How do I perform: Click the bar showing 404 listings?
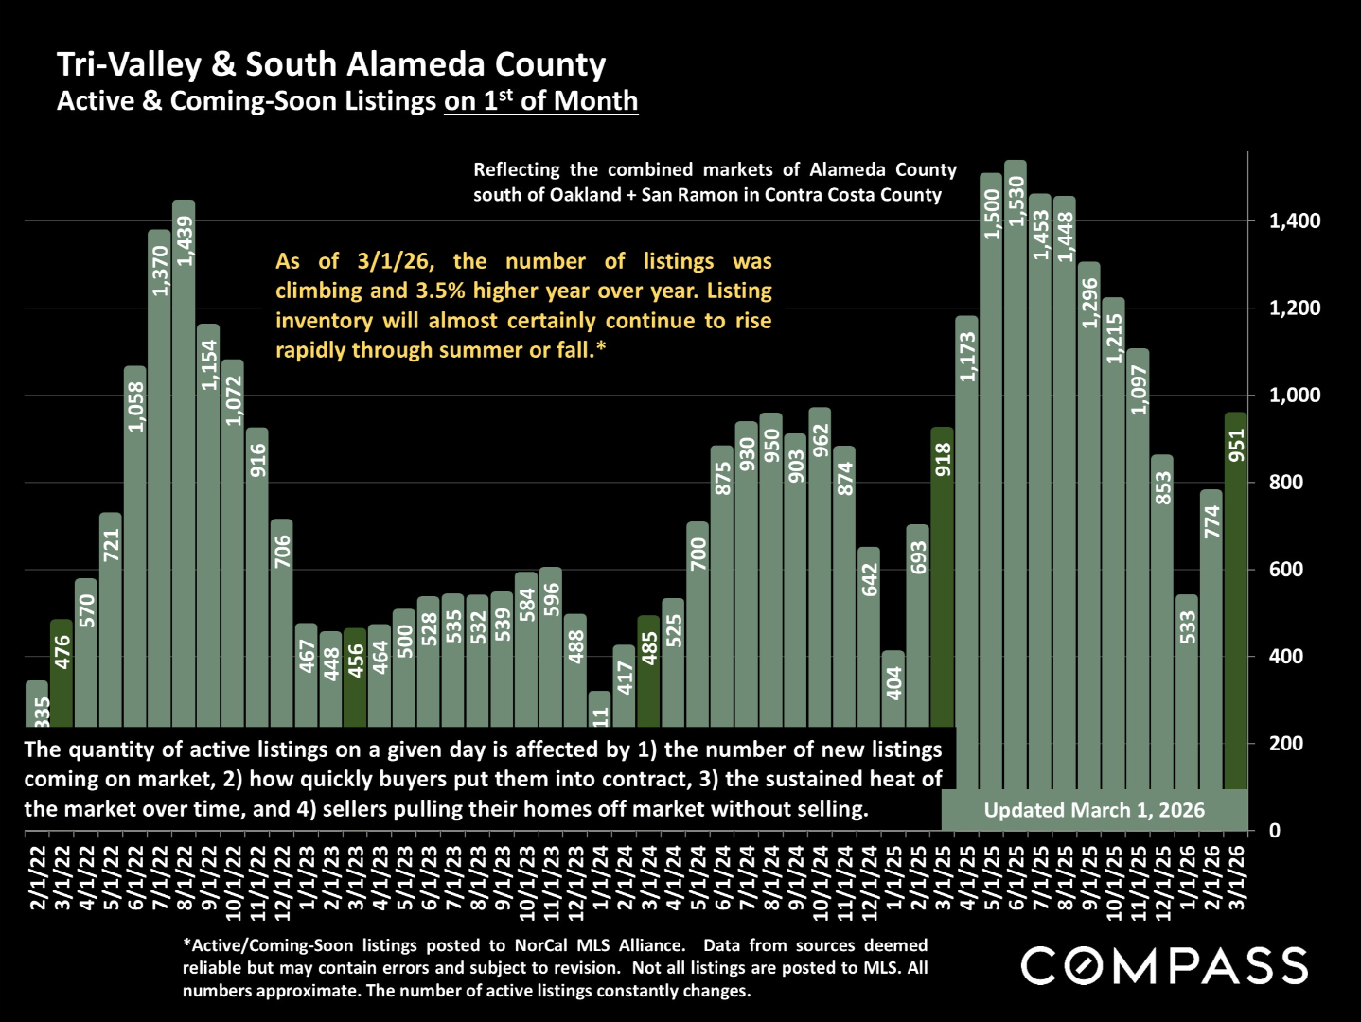click(893, 691)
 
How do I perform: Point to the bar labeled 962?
click(820, 568)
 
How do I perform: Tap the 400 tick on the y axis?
click(1287, 657)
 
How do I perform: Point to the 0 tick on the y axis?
click(1275, 831)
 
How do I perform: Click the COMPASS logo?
click(1164, 966)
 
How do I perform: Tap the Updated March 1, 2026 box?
click(1094, 810)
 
